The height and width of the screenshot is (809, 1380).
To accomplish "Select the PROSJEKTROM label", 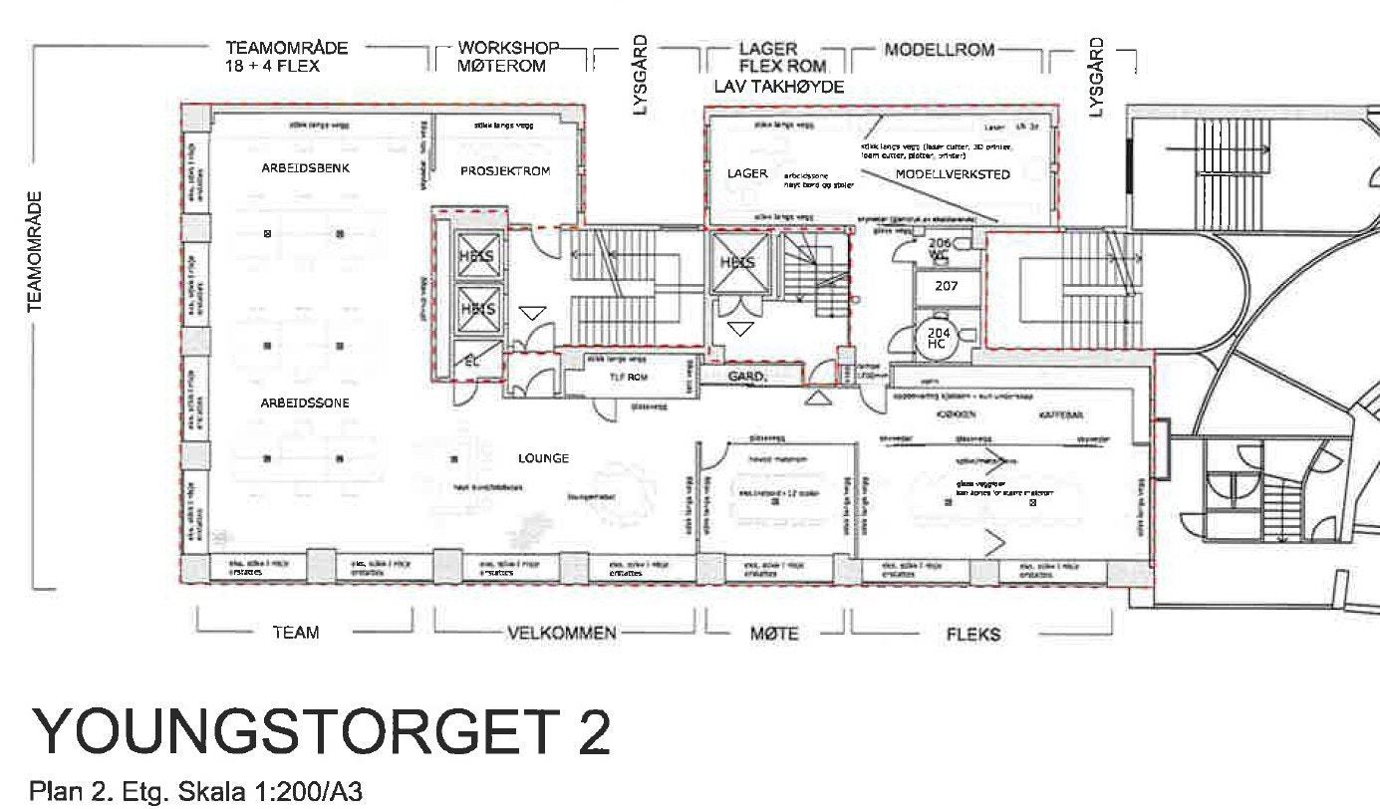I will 506,171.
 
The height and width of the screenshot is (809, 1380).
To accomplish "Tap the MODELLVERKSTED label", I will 953,174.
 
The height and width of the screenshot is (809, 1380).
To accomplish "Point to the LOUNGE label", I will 543,458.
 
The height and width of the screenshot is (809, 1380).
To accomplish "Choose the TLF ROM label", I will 628,379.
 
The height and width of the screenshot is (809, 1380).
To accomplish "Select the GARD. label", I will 747,377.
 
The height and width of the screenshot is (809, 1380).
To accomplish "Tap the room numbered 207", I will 946,286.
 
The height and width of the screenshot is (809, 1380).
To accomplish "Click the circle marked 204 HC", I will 937,337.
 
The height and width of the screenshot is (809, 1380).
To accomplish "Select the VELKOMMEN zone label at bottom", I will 562,633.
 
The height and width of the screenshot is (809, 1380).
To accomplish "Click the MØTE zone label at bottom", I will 771,633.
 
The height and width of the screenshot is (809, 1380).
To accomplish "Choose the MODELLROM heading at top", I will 939,49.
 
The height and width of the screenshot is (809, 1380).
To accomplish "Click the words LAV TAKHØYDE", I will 779,88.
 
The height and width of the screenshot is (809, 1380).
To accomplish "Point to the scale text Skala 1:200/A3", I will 273,792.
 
